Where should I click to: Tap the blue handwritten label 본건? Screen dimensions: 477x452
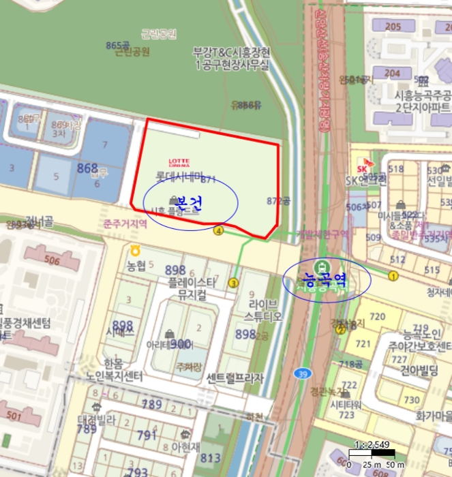pyautogui.click(x=190, y=202)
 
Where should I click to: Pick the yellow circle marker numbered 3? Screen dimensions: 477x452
pyautogui.click(x=233, y=283)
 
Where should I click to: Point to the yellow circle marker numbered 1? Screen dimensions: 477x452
pyautogui.click(x=393, y=275)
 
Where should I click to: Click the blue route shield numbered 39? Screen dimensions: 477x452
pyautogui.click(x=301, y=373)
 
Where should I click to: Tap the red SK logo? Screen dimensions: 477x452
pyautogui.click(x=360, y=168)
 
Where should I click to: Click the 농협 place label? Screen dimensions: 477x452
pyautogui.click(x=136, y=264)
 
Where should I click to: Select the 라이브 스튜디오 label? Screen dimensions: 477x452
pyautogui.click(x=263, y=311)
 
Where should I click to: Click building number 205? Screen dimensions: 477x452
pyautogui.click(x=393, y=27)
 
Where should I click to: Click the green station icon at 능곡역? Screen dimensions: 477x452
pyautogui.click(x=321, y=265)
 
